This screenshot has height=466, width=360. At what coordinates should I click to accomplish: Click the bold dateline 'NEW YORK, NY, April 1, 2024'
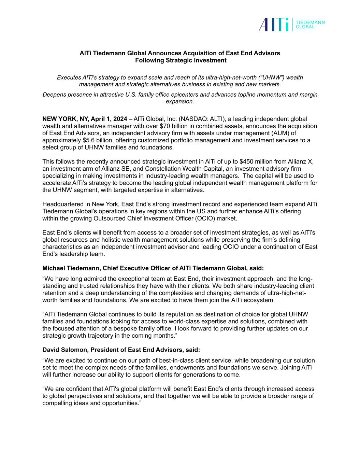(x=85, y=119)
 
